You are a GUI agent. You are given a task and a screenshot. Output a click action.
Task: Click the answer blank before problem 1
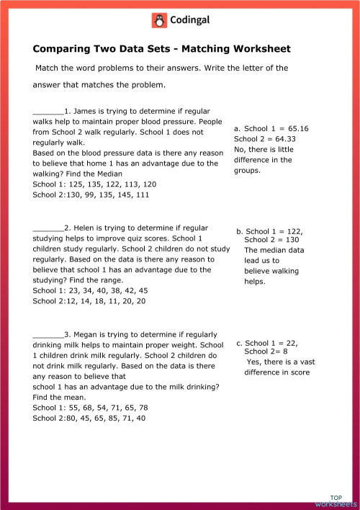pyautogui.click(x=48, y=112)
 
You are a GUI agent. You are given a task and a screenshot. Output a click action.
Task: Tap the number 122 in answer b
pyautogui.click(x=290, y=232)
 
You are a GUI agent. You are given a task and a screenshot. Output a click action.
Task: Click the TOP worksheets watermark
pyautogui.click(x=335, y=501)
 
